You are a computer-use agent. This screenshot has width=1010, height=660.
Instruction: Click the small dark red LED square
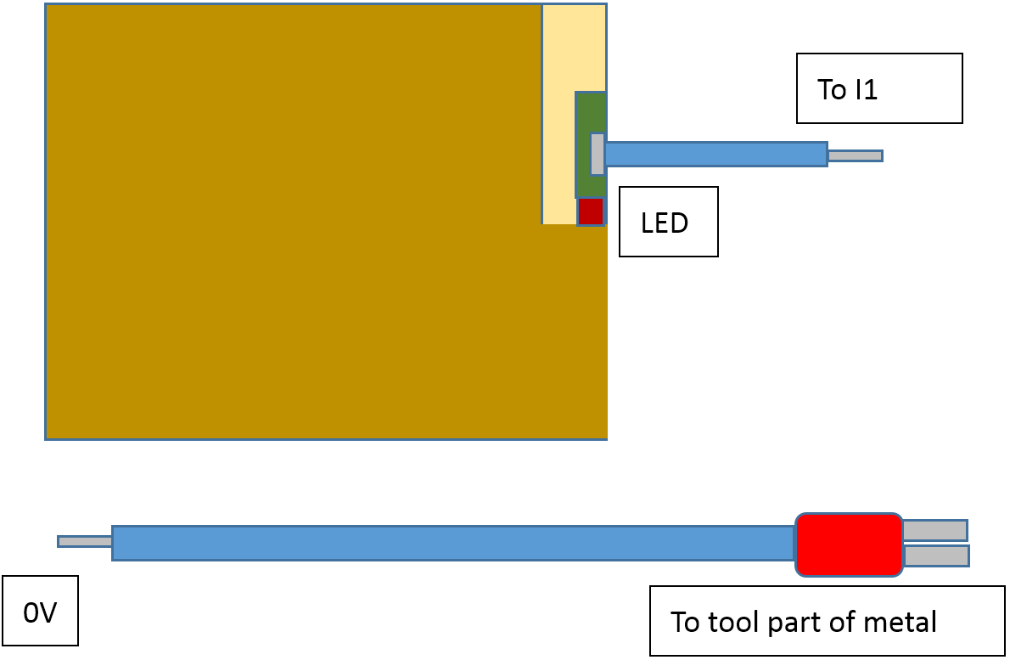[x=590, y=211]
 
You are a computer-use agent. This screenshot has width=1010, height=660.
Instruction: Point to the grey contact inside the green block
[x=598, y=154]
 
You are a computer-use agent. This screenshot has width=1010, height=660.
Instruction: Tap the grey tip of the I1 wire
[x=855, y=155]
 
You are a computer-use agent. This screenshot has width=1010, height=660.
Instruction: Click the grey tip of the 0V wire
[x=85, y=541]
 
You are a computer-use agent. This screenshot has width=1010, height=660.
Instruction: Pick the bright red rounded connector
[x=848, y=544]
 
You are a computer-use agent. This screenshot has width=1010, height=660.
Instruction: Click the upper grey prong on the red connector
[x=934, y=530]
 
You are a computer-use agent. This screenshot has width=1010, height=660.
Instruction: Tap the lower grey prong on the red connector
[x=935, y=556]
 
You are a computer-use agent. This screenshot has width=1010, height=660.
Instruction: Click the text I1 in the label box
[x=865, y=89]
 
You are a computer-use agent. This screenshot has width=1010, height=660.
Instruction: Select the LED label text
[x=664, y=223]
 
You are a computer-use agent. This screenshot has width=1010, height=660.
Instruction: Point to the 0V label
[x=40, y=612]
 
